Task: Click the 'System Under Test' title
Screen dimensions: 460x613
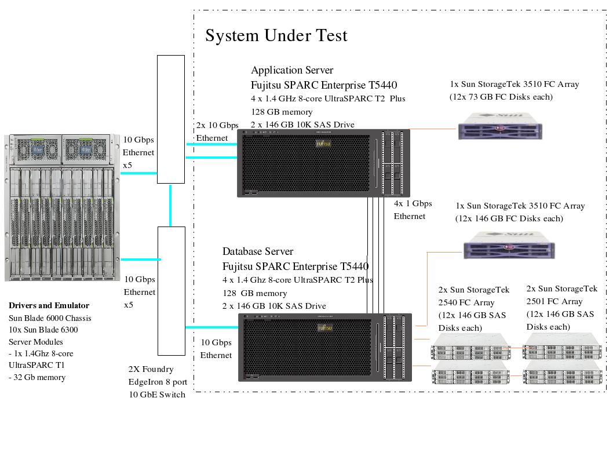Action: tap(276, 36)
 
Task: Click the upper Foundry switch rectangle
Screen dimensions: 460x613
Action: tap(171, 119)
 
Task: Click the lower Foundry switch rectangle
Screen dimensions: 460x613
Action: tap(172, 290)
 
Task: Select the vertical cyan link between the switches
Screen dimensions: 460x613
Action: tap(170, 205)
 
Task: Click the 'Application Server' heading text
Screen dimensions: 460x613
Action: tap(291, 70)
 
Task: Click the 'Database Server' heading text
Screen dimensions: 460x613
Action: tap(258, 251)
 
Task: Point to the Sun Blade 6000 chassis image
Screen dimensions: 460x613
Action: tap(60, 207)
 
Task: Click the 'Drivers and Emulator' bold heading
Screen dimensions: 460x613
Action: tap(49, 305)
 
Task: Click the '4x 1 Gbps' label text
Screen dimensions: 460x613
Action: tap(413, 203)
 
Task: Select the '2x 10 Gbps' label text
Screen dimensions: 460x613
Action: tap(217, 125)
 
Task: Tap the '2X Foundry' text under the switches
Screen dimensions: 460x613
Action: tap(151, 369)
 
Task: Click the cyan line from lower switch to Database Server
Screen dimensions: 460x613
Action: tap(211, 327)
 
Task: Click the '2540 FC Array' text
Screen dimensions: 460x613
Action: tap(466, 302)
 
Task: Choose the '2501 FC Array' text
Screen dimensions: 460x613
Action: tap(554, 301)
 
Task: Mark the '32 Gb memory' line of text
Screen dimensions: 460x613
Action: tap(40, 377)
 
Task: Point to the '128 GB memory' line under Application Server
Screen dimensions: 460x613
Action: tap(282, 112)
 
